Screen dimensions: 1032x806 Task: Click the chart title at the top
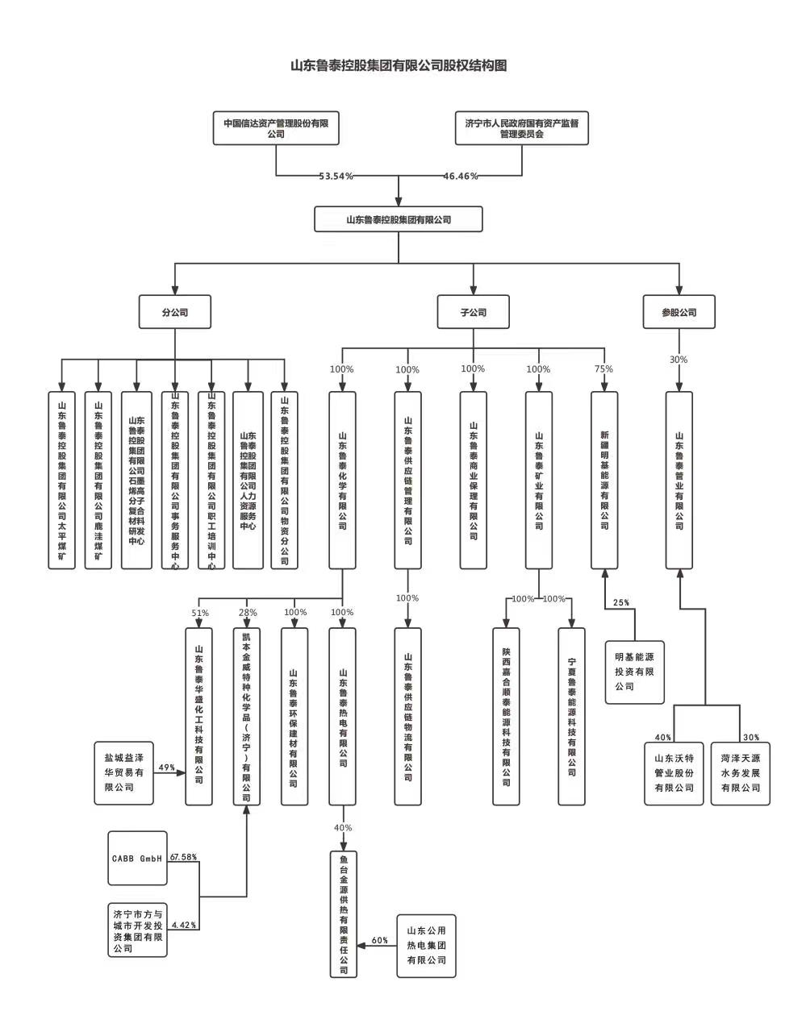(399, 66)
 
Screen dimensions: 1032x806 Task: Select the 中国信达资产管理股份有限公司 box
(276, 128)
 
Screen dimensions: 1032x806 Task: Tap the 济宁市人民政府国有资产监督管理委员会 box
(521, 128)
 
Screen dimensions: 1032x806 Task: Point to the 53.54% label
(336, 176)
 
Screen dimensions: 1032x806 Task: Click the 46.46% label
(461, 176)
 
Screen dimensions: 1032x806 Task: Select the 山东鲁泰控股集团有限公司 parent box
(399, 219)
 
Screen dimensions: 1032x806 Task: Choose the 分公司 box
(175, 312)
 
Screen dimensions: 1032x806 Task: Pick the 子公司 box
(474, 312)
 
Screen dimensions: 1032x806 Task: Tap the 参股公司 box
(679, 312)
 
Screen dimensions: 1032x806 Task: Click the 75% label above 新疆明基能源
(603, 369)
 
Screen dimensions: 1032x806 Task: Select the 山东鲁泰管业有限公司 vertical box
(679, 481)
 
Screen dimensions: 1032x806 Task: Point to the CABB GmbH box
(137, 858)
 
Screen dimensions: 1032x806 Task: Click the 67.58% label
(184, 857)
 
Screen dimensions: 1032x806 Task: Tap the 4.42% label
(184, 925)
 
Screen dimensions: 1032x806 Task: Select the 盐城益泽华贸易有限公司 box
(124, 772)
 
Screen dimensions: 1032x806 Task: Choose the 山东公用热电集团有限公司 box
(426, 946)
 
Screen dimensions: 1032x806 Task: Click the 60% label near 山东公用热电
(379, 941)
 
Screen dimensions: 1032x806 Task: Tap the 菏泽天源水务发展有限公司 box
(741, 772)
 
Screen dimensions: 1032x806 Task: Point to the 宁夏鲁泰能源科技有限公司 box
(571, 716)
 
